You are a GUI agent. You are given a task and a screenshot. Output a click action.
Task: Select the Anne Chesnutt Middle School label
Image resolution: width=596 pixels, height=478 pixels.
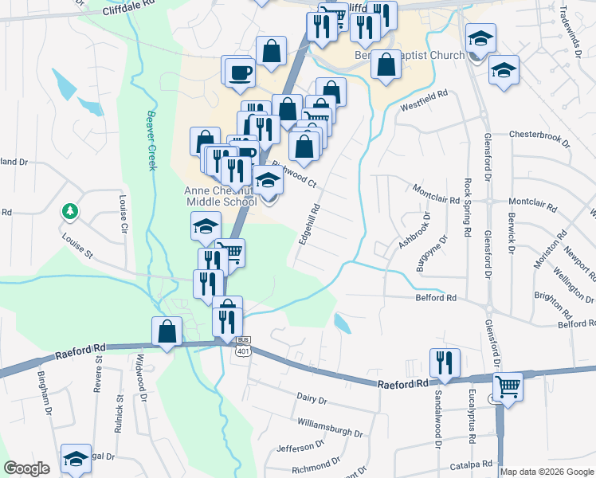pos(220,196)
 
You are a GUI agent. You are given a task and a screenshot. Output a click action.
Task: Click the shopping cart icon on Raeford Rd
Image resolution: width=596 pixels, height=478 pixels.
pos(508,387)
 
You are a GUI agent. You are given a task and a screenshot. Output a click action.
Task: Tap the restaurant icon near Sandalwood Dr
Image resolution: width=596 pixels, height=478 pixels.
pos(444,362)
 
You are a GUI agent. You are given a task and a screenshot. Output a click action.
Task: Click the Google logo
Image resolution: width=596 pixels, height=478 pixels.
pos(26,468)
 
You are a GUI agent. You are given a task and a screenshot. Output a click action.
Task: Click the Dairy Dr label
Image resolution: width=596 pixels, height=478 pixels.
pos(312,398)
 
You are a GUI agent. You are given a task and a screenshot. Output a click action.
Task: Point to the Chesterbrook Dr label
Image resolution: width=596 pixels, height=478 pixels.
pos(539,139)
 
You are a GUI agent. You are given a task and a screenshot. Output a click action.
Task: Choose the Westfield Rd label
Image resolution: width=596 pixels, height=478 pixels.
pos(425,100)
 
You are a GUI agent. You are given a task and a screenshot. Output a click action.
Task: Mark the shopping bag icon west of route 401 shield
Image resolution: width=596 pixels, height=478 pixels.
pos(167,331)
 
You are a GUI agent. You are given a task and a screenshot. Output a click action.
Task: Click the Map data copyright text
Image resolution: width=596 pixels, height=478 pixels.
pos(547,472)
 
